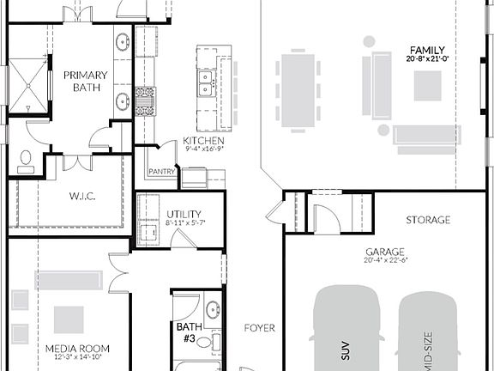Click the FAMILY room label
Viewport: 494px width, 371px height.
(426, 50)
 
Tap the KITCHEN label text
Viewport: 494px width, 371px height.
(203, 141)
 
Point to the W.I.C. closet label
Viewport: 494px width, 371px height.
(82, 196)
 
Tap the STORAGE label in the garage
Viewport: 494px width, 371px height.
(428, 221)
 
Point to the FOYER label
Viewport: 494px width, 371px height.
(260, 327)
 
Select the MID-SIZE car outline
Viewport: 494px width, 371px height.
(435, 335)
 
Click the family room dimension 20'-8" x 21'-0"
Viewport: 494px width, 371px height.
(426, 59)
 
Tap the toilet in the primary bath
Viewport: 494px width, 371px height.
(26, 161)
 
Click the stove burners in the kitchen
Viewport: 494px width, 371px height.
(145, 100)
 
